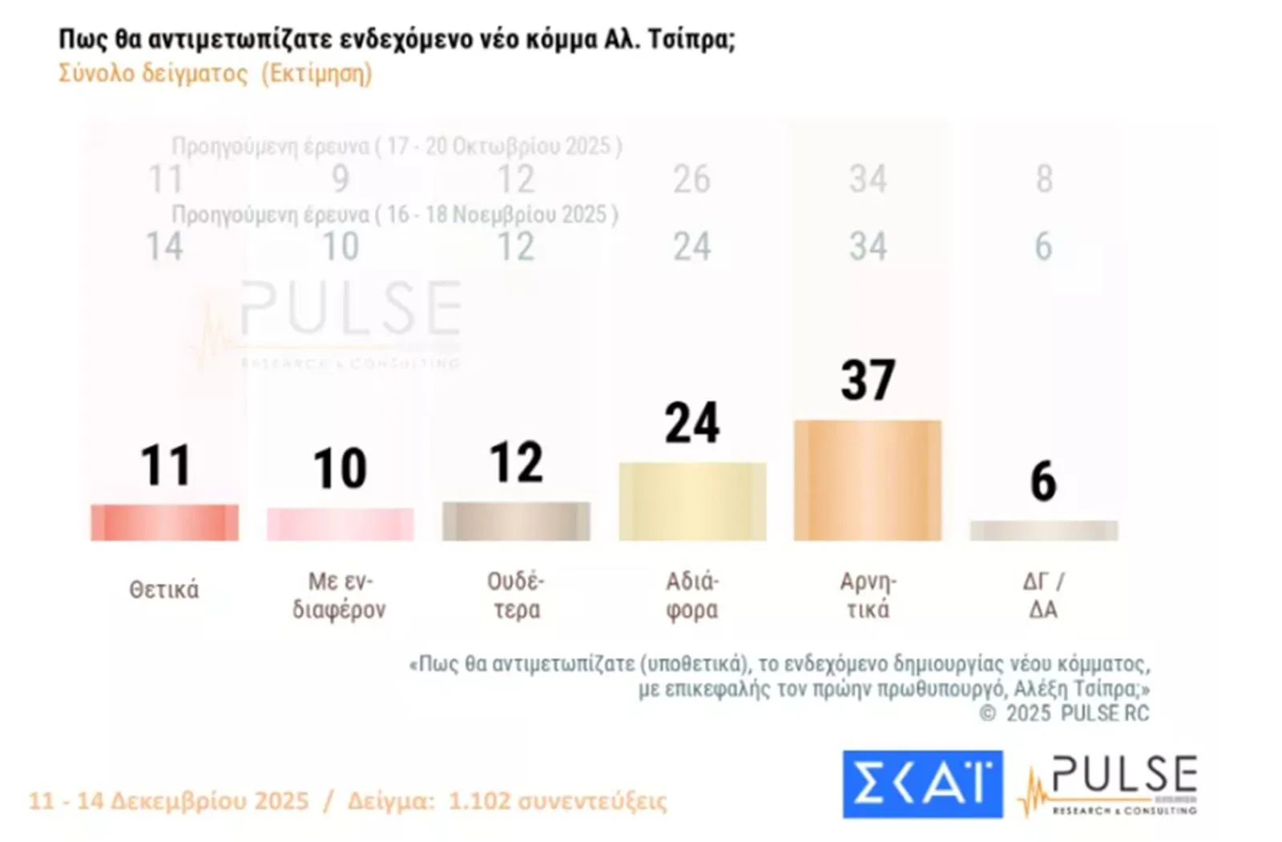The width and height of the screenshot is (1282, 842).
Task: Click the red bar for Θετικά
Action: (x=164, y=522)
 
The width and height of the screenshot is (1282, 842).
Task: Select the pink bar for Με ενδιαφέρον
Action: (x=341, y=524)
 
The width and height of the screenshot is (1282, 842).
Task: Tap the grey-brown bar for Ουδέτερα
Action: (x=516, y=521)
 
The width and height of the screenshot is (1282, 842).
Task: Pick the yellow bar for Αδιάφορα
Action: (x=692, y=502)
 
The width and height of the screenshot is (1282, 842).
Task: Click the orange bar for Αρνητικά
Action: (x=868, y=480)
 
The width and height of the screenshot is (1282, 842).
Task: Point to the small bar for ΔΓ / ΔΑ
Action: (x=1043, y=530)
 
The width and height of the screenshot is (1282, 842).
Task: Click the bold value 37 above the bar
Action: (x=868, y=380)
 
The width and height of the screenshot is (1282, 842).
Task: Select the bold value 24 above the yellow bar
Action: (x=692, y=423)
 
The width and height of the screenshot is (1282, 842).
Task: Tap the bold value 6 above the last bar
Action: (x=1043, y=481)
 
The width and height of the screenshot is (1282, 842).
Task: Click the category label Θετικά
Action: (x=164, y=590)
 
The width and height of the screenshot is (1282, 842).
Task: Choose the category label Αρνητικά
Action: (x=868, y=595)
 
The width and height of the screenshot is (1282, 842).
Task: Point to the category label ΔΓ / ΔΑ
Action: (x=1043, y=595)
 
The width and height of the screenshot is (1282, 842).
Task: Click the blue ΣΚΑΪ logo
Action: (x=922, y=784)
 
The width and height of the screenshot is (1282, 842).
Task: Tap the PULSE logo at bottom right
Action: (x=1110, y=784)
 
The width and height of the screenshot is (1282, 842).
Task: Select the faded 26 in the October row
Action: (x=691, y=179)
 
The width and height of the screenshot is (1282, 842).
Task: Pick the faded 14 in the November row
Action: (x=164, y=247)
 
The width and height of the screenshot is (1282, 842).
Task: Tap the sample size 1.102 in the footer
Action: (x=478, y=801)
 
